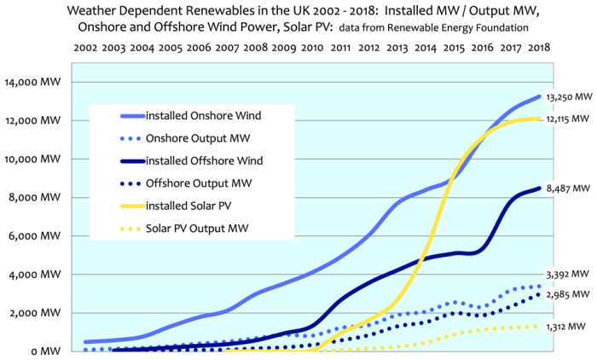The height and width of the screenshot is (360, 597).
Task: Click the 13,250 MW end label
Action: [568, 98]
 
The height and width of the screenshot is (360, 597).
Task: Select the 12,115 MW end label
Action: [568, 119]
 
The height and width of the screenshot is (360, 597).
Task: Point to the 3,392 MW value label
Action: [568, 274]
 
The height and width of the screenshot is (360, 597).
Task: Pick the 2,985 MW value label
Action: [568, 293]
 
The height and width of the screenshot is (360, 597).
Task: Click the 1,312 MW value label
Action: [568, 326]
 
